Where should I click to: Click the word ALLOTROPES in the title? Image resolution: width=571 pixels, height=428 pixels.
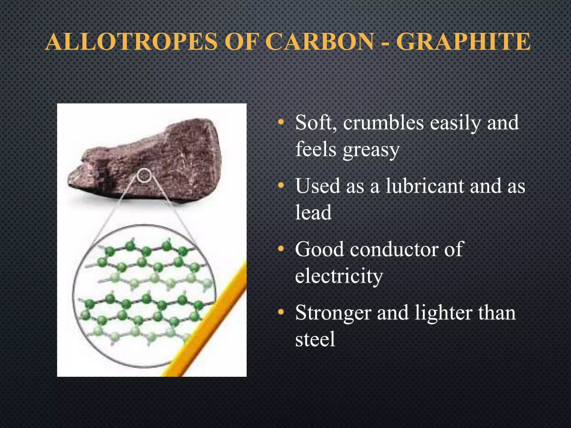tap(131, 42)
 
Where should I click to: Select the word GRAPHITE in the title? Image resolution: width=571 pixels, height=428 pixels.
tap(463, 42)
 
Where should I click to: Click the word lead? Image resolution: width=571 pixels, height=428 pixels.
tap(313, 212)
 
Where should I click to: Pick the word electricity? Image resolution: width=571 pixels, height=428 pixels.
tap(339, 276)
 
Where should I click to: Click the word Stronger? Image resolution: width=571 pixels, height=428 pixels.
tap(333, 313)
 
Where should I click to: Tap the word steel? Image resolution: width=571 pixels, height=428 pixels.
tap(315, 339)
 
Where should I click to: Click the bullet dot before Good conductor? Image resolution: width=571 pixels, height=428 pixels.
tap(281, 249)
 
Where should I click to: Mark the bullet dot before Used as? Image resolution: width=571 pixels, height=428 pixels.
tap(281, 185)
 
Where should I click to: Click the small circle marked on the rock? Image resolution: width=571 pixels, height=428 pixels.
tap(144, 176)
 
